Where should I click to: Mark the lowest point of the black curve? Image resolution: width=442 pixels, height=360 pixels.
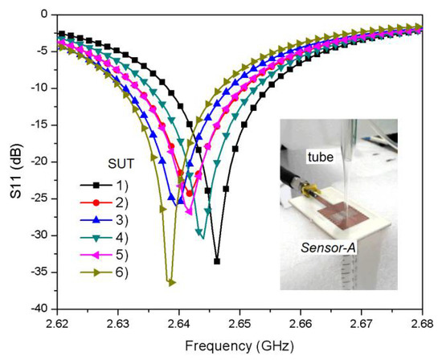(217, 261)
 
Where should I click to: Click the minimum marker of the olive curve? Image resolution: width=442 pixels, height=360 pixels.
(170, 282)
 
